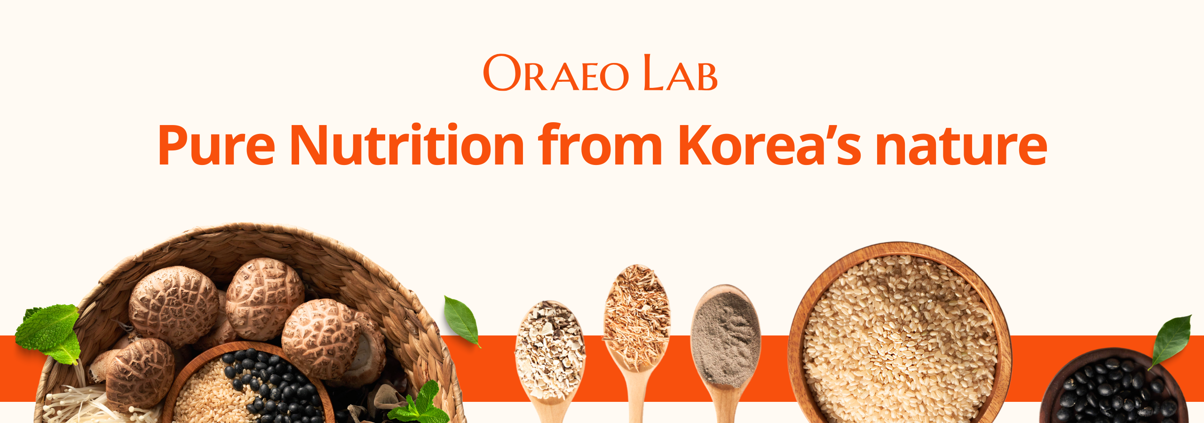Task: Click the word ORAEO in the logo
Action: [556, 72]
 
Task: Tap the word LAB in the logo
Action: [680, 72]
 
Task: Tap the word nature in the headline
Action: [961, 146]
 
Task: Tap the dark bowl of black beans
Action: [1115, 388]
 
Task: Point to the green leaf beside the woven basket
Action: [462, 321]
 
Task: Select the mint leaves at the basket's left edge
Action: [49, 334]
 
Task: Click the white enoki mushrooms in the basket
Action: [78, 404]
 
